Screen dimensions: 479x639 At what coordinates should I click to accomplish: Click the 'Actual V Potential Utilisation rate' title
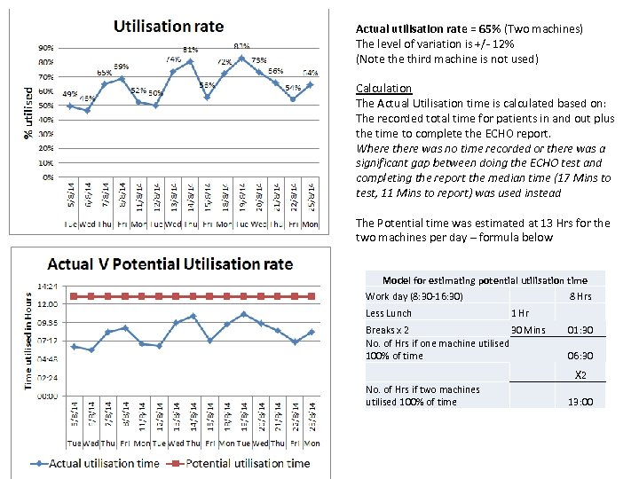170,264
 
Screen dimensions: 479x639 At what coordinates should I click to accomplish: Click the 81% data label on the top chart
191,50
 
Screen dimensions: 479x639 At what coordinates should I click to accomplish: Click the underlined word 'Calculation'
383,89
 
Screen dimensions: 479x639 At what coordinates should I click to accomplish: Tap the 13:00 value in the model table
580,403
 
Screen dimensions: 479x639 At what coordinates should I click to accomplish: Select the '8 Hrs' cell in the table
580,296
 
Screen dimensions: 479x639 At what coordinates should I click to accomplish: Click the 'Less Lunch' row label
389,313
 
